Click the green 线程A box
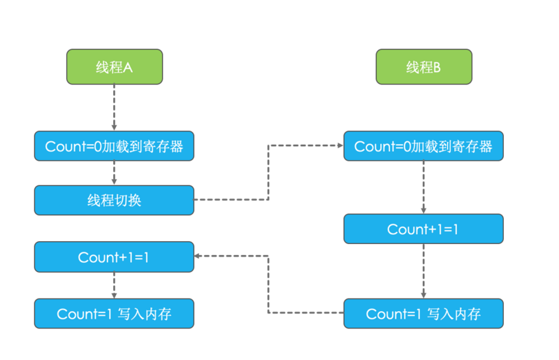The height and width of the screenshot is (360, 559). [115, 67]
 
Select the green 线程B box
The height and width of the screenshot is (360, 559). [423, 67]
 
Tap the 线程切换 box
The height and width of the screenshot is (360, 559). [114, 200]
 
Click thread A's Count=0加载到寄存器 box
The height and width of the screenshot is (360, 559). [114, 146]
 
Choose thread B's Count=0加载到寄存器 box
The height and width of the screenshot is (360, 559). [423, 146]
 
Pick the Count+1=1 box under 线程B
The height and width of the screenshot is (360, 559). [423, 229]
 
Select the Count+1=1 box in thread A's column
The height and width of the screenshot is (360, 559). [114, 257]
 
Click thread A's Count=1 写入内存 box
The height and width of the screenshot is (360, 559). [114, 314]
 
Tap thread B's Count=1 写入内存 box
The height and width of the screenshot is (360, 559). [423, 314]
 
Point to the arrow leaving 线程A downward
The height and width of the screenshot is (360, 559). [114, 108]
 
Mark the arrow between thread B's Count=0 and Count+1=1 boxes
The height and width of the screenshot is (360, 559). [423, 187]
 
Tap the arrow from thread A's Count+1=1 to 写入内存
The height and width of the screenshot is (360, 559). [114, 285]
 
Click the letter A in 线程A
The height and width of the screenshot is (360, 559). [129, 68]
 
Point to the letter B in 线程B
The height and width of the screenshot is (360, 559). [437, 68]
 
